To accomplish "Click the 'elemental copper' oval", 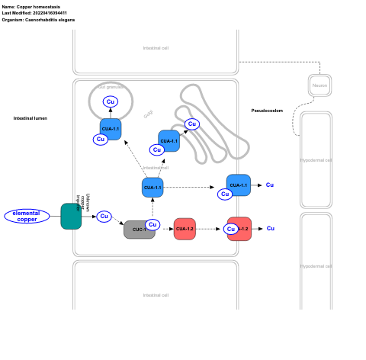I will click(27, 217).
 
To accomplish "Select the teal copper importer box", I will click(71, 217).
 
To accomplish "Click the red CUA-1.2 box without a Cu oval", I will click(185, 229).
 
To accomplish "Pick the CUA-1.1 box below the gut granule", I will click(111, 128).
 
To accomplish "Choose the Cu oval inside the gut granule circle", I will click(111, 101).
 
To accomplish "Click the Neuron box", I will click(319, 85).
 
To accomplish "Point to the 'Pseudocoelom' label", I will click(267, 111).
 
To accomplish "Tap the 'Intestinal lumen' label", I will click(30, 118).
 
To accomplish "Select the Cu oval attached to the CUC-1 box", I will click(152, 224).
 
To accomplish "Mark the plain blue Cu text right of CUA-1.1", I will click(270, 185).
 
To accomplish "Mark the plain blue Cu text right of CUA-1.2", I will click(270, 229).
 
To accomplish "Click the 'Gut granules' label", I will click(111, 87).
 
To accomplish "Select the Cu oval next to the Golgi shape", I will click(191, 124).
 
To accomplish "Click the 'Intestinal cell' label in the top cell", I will click(156, 48).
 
